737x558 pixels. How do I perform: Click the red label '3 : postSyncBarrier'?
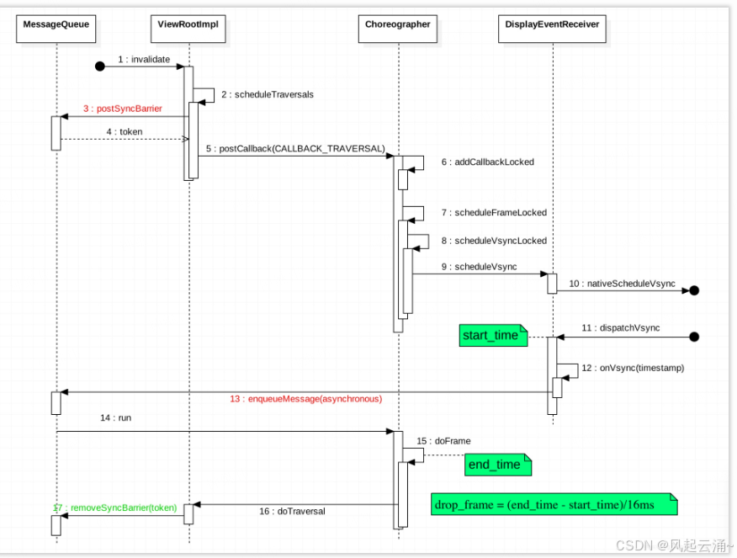point(123,109)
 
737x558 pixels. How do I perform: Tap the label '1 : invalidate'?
point(144,60)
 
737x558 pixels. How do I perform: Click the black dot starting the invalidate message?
point(99,66)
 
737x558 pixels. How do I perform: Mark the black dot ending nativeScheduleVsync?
point(694,290)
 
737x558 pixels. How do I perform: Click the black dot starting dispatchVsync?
point(694,337)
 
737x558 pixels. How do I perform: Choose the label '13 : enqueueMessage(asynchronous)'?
point(305,398)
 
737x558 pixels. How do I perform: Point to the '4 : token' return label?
point(125,132)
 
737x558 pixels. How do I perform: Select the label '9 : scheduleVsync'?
point(479,267)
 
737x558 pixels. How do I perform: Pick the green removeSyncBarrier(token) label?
point(115,508)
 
